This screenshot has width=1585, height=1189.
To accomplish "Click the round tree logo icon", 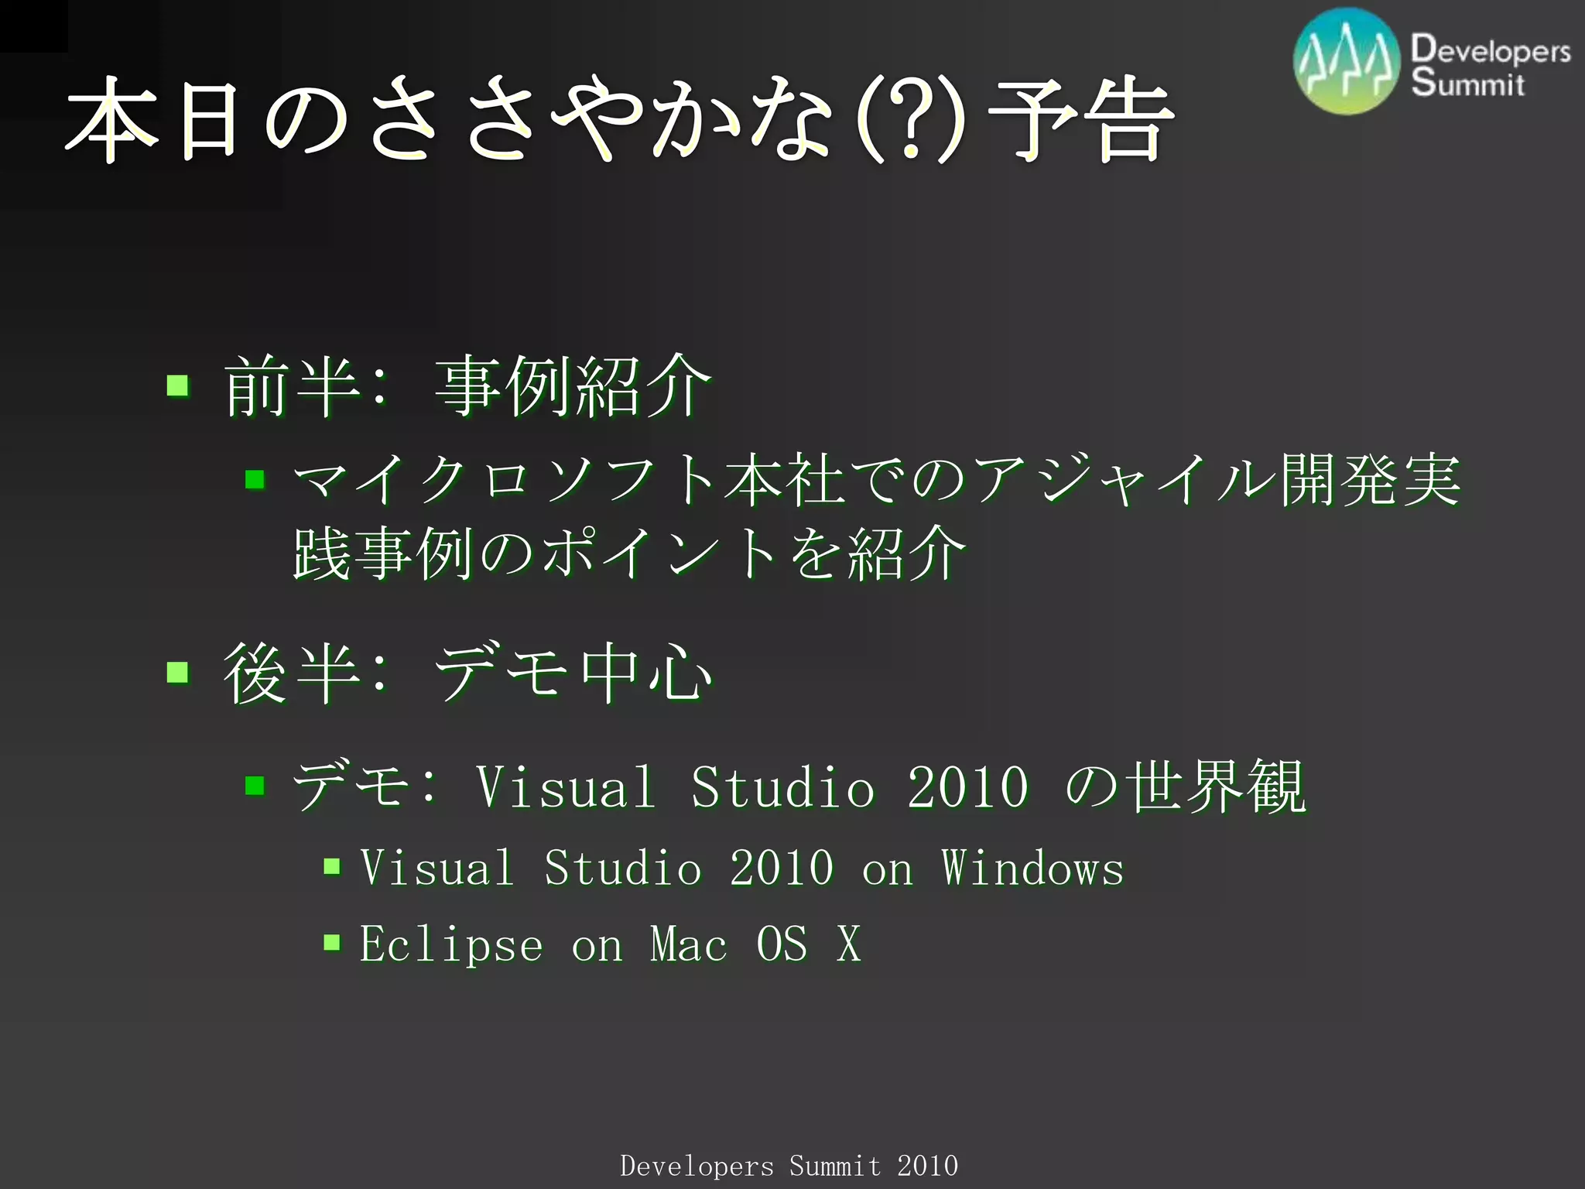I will pos(1347,62).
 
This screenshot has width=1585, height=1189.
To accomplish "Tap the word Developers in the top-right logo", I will pos(1490,50).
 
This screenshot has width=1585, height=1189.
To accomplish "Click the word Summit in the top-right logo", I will pos(1467,83).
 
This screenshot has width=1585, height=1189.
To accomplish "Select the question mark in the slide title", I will pos(911,120).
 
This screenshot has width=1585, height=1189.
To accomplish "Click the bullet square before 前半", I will pos(178,385).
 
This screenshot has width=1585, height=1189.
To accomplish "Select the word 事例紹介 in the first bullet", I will pos(573,385).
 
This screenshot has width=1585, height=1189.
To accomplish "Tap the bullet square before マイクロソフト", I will pos(255,480).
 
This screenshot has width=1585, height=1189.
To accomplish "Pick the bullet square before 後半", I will pos(178,671).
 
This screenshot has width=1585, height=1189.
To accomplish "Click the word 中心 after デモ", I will pos(646,672).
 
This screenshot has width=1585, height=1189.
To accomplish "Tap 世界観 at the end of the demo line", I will pos(1215,786).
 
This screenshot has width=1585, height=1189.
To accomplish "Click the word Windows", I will pos(1032,868).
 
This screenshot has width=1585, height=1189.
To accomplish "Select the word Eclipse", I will pos(451,944).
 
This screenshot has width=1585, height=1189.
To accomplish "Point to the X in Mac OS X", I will pos(848,944).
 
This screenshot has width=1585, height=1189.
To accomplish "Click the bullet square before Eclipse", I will pos(332,942).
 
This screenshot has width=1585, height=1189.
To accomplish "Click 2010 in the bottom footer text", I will pos(927,1166).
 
